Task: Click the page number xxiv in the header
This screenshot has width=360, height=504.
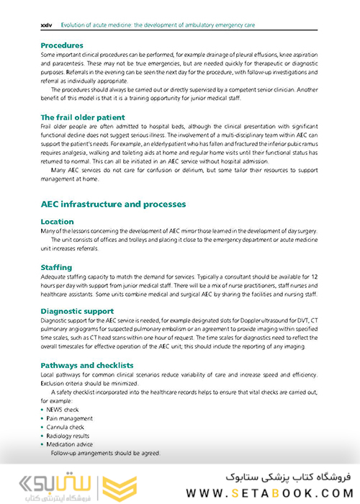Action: [46, 24]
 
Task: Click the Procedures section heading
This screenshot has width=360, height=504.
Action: [62, 45]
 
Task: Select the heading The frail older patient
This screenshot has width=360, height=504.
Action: [82, 117]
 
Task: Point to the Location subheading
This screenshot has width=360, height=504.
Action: [58, 222]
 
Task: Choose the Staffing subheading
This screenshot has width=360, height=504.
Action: [57, 267]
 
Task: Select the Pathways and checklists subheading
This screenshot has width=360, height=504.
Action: [86, 365]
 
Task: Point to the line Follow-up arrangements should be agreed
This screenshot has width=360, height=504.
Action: [104, 453]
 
